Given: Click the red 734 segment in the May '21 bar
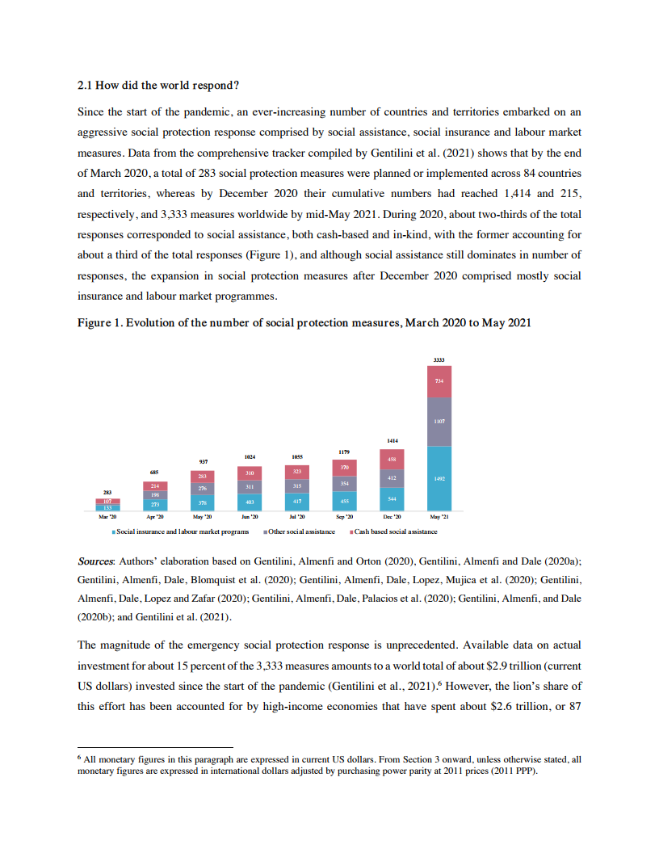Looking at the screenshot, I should (x=439, y=381).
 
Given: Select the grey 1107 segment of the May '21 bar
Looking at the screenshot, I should (x=439, y=421).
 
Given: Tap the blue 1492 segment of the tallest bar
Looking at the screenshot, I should (x=439, y=478).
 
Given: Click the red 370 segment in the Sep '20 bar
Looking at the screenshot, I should (x=345, y=468).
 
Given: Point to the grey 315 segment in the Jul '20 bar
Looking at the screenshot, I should (x=297, y=485).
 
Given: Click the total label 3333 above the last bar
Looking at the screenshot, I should (x=439, y=359).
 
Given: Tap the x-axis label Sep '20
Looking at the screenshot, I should (x=345, y=518).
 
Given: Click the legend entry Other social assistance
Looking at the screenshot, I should (x=302, y=532).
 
